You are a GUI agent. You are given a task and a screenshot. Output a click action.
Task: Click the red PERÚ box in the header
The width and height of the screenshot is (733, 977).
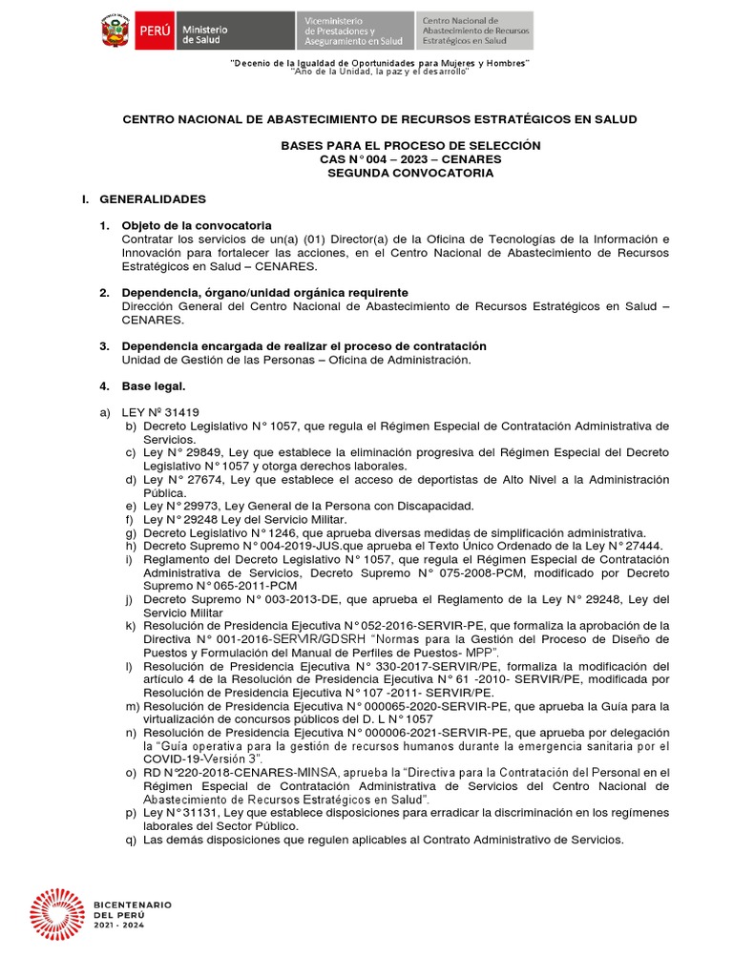coord(154,31)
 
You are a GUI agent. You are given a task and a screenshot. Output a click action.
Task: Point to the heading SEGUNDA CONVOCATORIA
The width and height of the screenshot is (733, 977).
coord(410,174)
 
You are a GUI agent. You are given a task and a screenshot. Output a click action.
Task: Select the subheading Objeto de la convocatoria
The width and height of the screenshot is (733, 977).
coord(197,224)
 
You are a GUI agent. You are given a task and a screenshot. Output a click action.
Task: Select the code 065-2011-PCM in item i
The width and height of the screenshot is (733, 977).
coord(229,586)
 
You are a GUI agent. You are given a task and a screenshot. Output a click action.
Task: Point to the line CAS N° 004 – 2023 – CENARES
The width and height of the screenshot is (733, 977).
coord(410,159)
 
